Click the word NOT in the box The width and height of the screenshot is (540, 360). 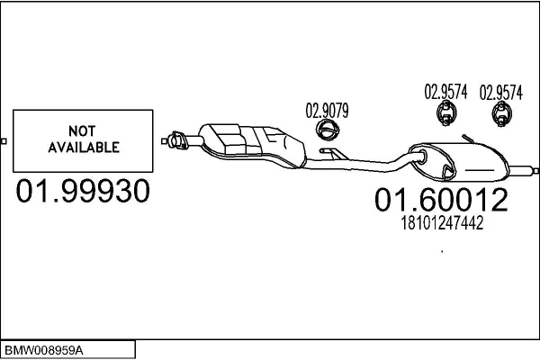[x=82, y=130]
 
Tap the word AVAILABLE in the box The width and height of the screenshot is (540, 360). [x=84, y=148]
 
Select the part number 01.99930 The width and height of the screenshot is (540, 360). [x=83, y=191]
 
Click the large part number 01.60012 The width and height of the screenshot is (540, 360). [x=441, y=200]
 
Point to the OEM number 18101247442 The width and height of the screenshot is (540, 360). [x=442, y=223]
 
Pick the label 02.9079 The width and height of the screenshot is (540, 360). [x=328, y=111]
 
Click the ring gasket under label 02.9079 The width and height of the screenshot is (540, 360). [x=328, y=130]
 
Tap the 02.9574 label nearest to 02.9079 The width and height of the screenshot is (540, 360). [x=445, y=92]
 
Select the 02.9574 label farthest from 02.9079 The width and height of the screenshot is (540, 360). [x=501, y=93]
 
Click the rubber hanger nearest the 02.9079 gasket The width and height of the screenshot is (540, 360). [x=446, y=113]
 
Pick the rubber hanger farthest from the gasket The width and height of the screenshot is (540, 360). [x=502, y=114]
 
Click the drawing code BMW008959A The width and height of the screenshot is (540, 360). [x=44, y=351]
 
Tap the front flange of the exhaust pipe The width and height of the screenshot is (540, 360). [x=177, y=140]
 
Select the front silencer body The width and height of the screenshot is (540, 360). [x=252, y=146]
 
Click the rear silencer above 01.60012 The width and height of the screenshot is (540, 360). [x=459, y=162]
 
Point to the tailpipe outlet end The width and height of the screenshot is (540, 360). [x=535, y=171]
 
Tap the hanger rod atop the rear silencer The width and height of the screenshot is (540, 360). [x=468, y=139]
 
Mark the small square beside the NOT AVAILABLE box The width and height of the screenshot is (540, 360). [x=4, y=141]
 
